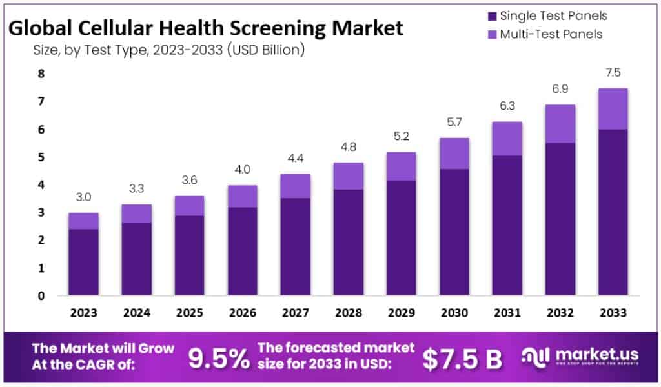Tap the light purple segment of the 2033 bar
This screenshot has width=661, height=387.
point(613,109)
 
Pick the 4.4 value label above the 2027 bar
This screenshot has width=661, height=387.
point(295,159)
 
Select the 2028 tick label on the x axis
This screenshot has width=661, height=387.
point(348,313)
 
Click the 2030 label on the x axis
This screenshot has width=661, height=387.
point(454,313)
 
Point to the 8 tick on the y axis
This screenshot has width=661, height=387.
point(41,74)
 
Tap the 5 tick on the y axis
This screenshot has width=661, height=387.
point(41,157)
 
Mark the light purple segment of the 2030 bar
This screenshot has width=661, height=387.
point(454,154)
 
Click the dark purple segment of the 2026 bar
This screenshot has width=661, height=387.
point(242,252)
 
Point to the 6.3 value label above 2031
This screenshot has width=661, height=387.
point(507,106)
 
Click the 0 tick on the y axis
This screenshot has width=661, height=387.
point(41,296)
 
